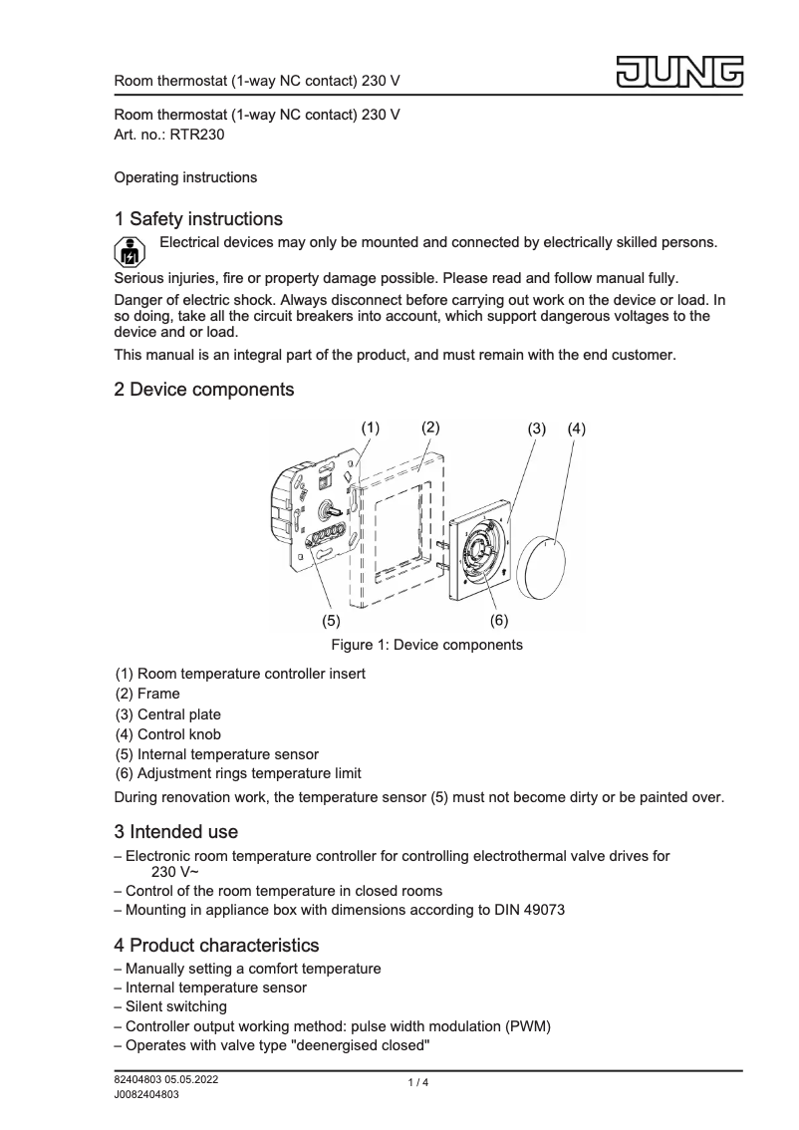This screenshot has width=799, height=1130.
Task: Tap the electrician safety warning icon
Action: click(127, 250)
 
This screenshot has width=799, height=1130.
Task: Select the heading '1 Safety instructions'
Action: click(198, 218)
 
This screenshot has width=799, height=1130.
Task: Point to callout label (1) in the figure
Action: click(371, 426)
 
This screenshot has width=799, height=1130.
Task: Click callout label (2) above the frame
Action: click(430, 426)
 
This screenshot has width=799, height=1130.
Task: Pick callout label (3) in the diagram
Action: click(537, 428)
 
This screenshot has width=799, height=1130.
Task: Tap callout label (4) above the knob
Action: click(577, 428)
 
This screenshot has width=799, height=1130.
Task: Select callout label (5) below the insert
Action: click(331, 620)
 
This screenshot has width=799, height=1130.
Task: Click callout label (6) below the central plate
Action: click(498, 620)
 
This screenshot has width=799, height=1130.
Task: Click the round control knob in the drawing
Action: click(545, 567)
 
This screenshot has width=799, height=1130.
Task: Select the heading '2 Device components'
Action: click(204, 390)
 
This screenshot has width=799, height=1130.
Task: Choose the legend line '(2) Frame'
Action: click(147, 694)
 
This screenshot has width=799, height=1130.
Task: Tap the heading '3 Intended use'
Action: click(176, 831)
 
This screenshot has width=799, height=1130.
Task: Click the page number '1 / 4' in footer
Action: click(417, 1083)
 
